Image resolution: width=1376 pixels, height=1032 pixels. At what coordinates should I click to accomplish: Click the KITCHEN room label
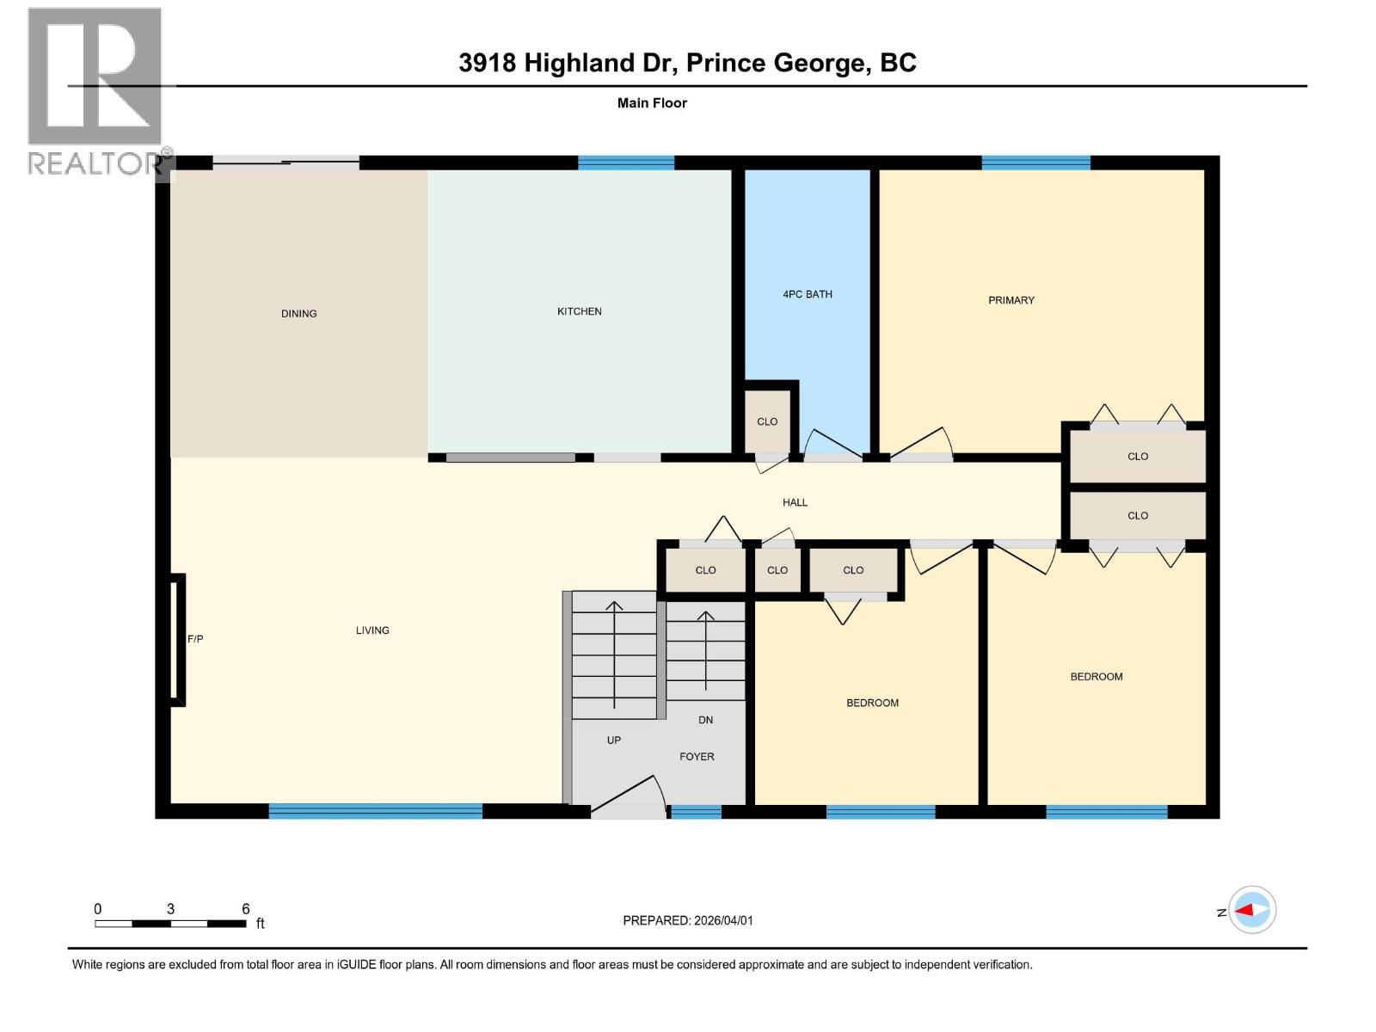579,311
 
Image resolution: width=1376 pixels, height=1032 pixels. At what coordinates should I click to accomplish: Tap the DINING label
298,314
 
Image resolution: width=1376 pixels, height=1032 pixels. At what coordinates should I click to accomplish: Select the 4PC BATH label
807,294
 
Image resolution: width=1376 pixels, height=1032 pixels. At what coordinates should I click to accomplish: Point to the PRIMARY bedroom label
1010,300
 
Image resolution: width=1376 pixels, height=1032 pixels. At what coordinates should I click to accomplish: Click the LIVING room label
372,630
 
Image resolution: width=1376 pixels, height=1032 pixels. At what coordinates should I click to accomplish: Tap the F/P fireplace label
195,639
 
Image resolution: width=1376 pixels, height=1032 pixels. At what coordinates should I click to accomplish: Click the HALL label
795,502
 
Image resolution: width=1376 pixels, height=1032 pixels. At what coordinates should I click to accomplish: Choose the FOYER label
697,757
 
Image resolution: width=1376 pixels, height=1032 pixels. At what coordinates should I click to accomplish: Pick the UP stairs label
613,740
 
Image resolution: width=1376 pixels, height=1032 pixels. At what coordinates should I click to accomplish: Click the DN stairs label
705,720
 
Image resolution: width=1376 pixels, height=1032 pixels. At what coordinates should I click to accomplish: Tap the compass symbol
1252,910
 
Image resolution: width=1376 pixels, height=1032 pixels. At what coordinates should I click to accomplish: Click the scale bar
170,924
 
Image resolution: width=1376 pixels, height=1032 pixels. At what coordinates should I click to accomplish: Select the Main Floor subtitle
652,103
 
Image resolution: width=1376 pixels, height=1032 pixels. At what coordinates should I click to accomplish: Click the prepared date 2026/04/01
722,920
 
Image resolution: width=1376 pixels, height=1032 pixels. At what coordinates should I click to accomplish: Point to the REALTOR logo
95,90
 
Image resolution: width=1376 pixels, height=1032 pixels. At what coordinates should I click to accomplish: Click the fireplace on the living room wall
176,640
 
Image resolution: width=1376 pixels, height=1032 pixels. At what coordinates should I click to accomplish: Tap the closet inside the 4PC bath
767,421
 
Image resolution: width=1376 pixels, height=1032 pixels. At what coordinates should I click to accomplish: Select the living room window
375,810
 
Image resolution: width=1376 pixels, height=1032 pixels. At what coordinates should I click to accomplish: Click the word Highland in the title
579,63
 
